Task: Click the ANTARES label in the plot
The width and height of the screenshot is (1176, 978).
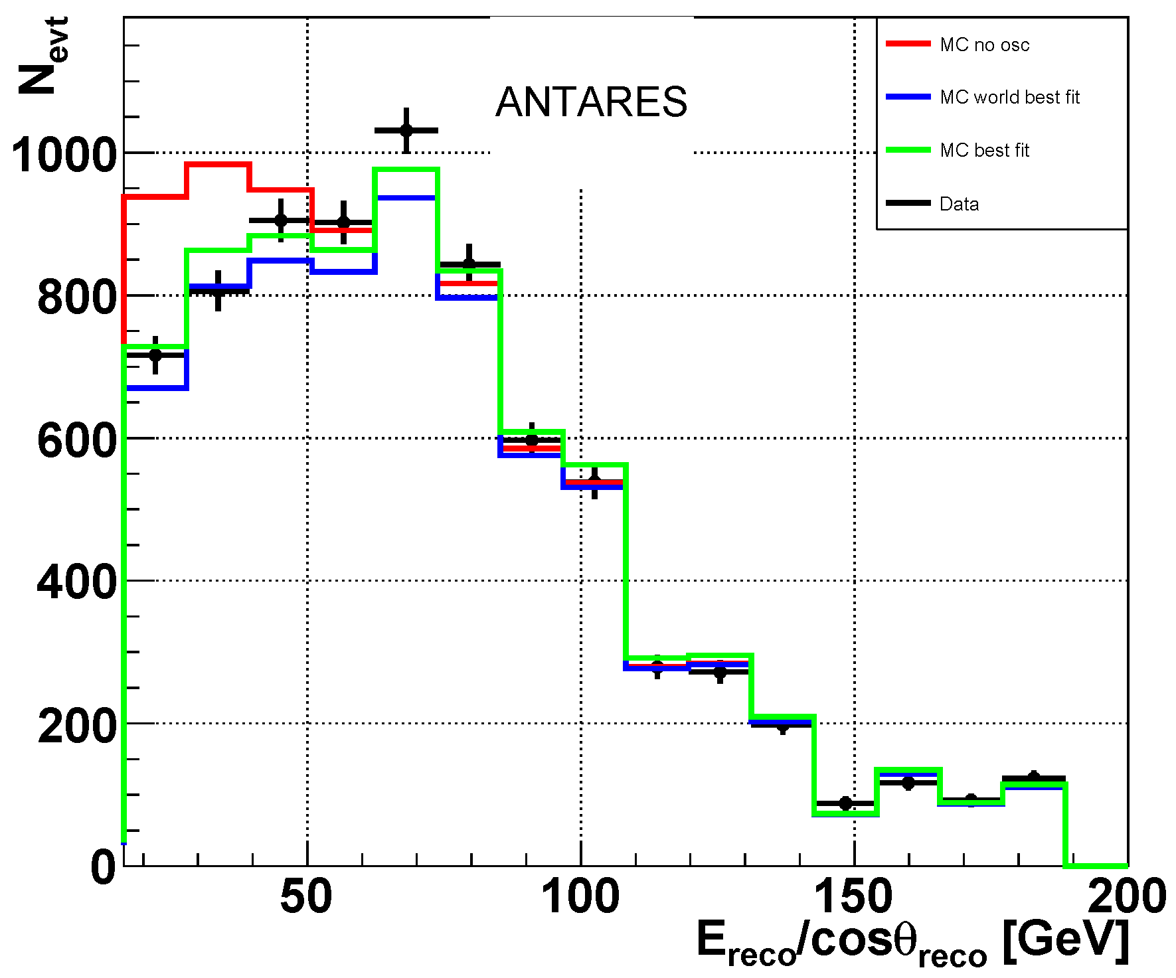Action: [591, 102]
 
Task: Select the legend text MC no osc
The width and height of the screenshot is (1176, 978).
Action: [984, 45]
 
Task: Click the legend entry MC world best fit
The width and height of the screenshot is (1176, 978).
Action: [1009, 98]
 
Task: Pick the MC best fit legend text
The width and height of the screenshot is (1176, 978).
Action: [984, 151]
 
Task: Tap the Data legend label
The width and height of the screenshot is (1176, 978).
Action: [959, 204]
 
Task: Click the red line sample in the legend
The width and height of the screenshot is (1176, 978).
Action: [908, 44]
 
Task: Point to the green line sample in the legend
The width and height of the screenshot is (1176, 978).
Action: [908, 150]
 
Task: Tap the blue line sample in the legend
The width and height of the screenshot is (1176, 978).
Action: [908, 97]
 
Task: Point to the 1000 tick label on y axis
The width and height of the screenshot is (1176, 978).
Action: [64, 156]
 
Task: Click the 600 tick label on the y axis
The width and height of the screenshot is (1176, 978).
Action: [77, 441]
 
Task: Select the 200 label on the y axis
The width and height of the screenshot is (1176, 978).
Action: [77, 726]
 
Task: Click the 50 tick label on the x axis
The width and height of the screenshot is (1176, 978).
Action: [306, 897]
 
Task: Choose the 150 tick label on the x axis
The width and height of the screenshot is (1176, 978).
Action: [853, 897]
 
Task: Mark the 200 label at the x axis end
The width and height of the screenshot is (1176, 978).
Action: [1127, 897]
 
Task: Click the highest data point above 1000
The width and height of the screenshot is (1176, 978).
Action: [406, 130]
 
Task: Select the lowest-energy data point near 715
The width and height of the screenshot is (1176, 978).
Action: [155, 355]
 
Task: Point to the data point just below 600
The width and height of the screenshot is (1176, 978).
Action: [532, 440]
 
